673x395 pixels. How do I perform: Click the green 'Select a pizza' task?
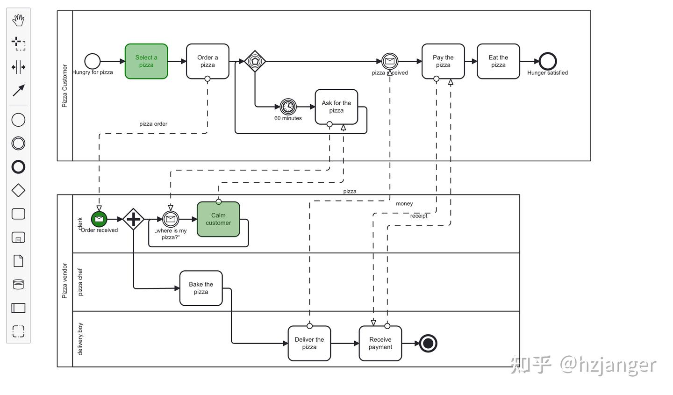pyautogui.click(x=146, y=61)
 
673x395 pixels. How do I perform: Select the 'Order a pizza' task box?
pyautogui.click(x=208, y=61)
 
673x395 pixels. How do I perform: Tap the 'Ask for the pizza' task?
pyautogui.click(x=336, y=107)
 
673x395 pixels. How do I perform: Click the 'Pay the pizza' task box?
pyautogui.click(x=443, y=61)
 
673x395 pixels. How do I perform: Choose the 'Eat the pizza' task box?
pyautogui.click(x=498, y=61)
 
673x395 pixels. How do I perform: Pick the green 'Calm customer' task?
pyautogui.click(x=218, y=219)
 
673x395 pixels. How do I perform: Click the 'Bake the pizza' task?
pyautogui.click(x=201, y=288)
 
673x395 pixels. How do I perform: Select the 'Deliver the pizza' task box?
pyautogui.click(x=309, y=343)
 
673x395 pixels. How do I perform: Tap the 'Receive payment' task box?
pyautogui.click(x=380, y=343)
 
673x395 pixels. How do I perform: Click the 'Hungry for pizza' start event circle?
pyautogui.click(x=93, y=61)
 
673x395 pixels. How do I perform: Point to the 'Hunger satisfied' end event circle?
pyautogui.click(x=547, y=61)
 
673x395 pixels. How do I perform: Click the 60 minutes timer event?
pyautogui.click(x=288, y=107)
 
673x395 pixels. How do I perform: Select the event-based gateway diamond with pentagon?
pyautogui.click(x=255, y=61)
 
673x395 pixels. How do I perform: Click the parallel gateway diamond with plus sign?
pyautogui.click(x=133, y=219)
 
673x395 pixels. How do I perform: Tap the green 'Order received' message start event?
pyautogui.click(x=99, y=219)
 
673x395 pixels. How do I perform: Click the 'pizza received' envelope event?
pyautogui.click(x=390, y=61)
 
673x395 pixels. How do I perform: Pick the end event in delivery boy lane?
pyautogui.click(x=428, y=343)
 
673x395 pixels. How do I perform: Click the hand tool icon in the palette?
pyautogui.click(x=18, y=20)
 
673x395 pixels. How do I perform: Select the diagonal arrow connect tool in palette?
pyautogui.click(x=18, y=91)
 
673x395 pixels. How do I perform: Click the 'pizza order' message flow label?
pyautogui.click(x=153, y=124)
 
